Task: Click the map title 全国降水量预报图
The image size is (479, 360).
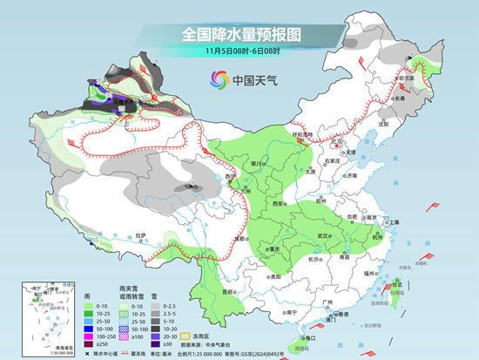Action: (x=240, y=34)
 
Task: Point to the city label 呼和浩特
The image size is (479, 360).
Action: (x=302, y=135)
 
